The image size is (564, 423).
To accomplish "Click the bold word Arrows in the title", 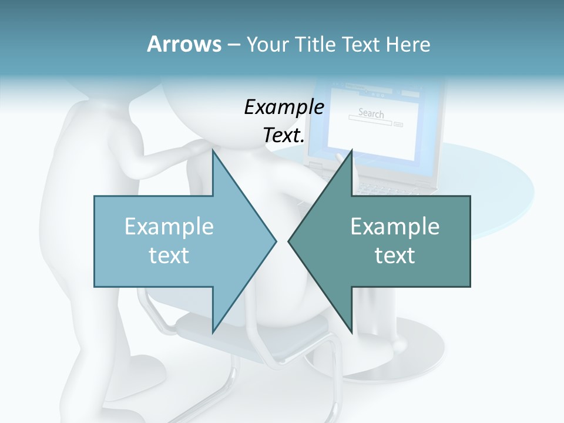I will [184, 44].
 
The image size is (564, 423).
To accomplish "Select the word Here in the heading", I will [408, 45].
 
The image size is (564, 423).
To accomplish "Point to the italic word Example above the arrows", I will [284, 107].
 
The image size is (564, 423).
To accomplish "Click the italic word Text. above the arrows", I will [284, 135].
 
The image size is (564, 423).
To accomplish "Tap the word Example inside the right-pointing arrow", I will [169, 227].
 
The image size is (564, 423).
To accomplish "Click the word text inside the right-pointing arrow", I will [169, 256].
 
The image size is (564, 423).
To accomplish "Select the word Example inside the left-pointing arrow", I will [395, 227].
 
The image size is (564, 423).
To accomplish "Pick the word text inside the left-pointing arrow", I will [395, 256].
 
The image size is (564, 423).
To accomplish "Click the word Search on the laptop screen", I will [371, 113].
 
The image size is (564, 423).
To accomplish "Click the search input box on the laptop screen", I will [370, 124].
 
